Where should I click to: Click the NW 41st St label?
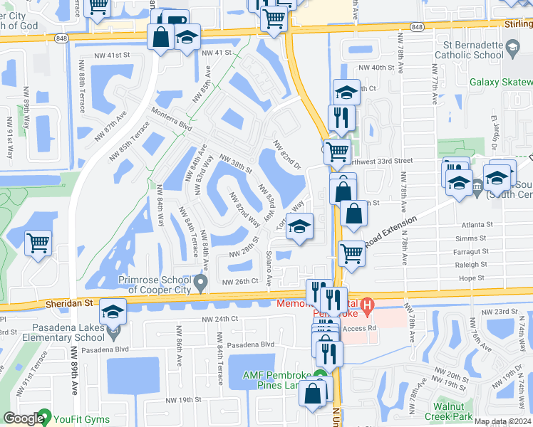tap(112, 54)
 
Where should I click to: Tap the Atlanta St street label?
tap(477, 224)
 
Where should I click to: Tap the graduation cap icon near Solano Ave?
tap(300, 227)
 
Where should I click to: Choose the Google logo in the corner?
tap(24, 419)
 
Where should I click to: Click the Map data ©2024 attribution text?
tap(502, 421)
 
